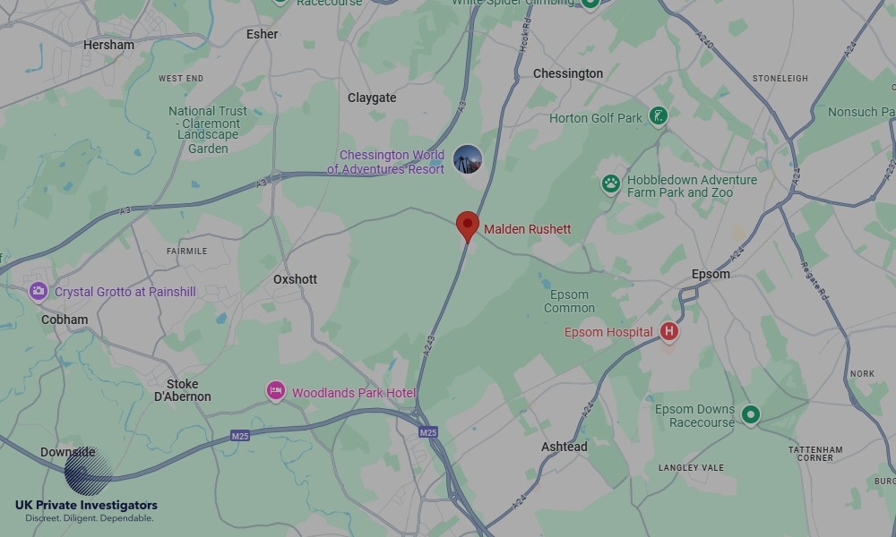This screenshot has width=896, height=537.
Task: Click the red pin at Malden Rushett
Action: pyautogui.click(x=467, y=226)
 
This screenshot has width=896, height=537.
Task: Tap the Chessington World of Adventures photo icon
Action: pyautogui.click(x=467, y=160)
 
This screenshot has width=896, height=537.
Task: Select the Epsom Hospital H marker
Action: pyautogui.click(x=668, y=332)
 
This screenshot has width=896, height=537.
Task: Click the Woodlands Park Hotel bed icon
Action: pyautogui.click(x=276, y=392)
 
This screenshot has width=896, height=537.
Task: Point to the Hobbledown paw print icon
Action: pyautogui.click(x=611, y=184)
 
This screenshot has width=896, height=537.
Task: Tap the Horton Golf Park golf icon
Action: pyautogui.click(x=659, y=116)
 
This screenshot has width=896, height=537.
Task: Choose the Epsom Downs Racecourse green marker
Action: pyautogui.click(x=751, y=415)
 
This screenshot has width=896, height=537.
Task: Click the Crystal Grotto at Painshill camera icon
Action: pyautogui.click(x=38, y=291)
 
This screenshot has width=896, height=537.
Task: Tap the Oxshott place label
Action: pyautogui.click(x=295, y=279)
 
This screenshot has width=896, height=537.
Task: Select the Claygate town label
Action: pyautogui.click(x=372, y=98)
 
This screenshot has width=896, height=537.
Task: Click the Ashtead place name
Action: pyautogui.click(x=564, y=447)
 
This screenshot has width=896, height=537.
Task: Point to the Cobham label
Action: pyautogui.click(x=65, y=320)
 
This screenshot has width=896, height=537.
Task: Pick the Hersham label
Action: pyautogui.click(x=108, y=45)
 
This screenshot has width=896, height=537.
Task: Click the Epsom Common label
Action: pyautogui.click(x=569, y=302)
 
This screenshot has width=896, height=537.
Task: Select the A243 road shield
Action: pyautogui.click(x=428, y=343)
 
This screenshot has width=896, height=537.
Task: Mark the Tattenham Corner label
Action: pyautogui.click(x=811, y=454)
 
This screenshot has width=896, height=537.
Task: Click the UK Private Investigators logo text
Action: pyautogui.click(x=86, y=506)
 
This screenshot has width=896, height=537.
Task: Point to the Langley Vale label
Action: pyautogui.click(x=691, y=468)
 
